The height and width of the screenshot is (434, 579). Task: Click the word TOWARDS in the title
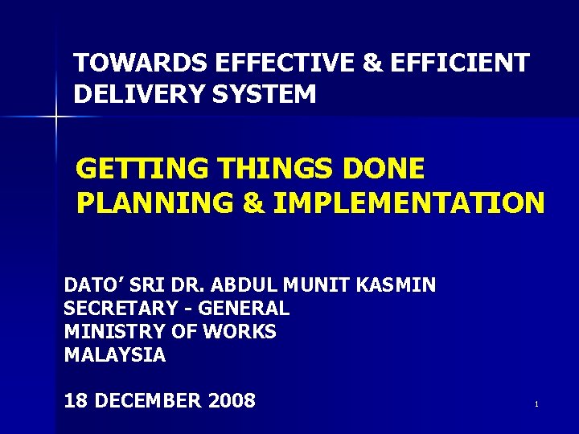(x=140, y=62)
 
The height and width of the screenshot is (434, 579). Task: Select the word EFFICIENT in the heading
(x=460, y=62)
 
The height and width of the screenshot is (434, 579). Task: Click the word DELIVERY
(x=139, y=93)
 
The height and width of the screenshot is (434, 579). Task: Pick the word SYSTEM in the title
(x=265, y=93)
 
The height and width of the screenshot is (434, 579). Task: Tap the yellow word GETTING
(x=142, y=168)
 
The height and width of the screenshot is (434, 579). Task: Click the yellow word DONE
(x=384, y=168)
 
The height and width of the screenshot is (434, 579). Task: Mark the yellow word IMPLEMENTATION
(x=409, y=203)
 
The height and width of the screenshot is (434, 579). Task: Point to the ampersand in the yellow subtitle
(x=254, y=203)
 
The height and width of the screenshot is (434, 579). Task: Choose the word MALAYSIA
(x=115, y=354)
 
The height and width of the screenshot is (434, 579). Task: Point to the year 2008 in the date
(x=232, y=400)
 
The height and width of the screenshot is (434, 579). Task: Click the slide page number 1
(x=536, y=404)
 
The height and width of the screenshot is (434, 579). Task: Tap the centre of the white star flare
(x=56, y=117)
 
